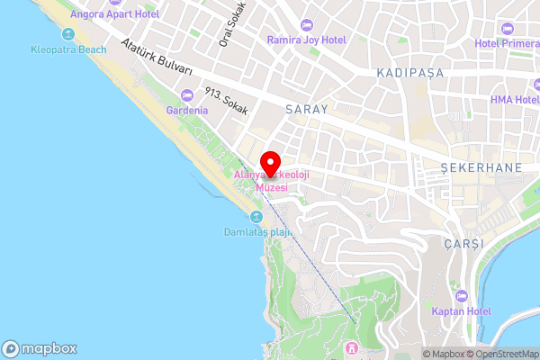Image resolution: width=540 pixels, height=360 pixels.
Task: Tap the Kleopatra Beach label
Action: coord(68,50)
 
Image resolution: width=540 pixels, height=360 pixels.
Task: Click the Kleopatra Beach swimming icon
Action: coord(68,34)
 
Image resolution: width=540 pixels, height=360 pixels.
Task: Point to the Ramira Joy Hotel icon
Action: coord(306,23)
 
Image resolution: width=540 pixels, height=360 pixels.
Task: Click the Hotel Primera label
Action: coord(508,43)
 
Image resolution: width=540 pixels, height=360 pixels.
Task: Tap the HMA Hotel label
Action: coord(515,100)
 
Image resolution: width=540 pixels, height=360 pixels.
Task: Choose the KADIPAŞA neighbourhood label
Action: coord(411,73)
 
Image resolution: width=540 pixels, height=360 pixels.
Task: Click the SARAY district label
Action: coord(308,108)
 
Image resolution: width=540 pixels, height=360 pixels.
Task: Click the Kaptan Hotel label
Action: coord(460,311)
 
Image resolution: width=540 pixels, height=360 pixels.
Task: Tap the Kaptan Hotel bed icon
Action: coord(461,295)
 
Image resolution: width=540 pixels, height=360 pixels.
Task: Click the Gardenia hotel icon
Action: coord(187,94)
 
